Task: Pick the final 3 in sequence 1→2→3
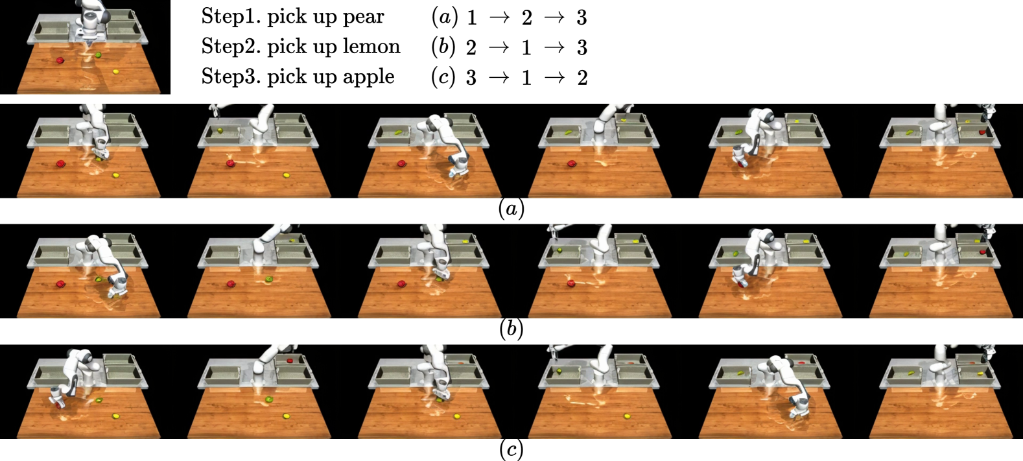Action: pos(582,18)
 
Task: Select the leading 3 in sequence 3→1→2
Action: pos(471,78)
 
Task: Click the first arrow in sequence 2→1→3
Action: pos(499,47)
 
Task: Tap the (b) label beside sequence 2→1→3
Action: pos(443,47)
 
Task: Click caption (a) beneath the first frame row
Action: pos(511,209)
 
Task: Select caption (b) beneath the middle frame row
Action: pos(511,329)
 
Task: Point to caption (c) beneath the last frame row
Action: pos(511,449)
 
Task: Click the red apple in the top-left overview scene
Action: pos(60,60)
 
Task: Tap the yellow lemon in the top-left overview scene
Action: pos(115,72)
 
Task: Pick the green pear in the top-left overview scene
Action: pos(98,55)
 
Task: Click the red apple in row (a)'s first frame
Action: pos(60,163)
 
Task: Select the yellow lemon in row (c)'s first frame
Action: pos(115,416)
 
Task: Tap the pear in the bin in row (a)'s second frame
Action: pos(220,131)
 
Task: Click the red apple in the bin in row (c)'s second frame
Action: pos(289,361)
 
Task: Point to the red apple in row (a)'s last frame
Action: pos(982,132)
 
